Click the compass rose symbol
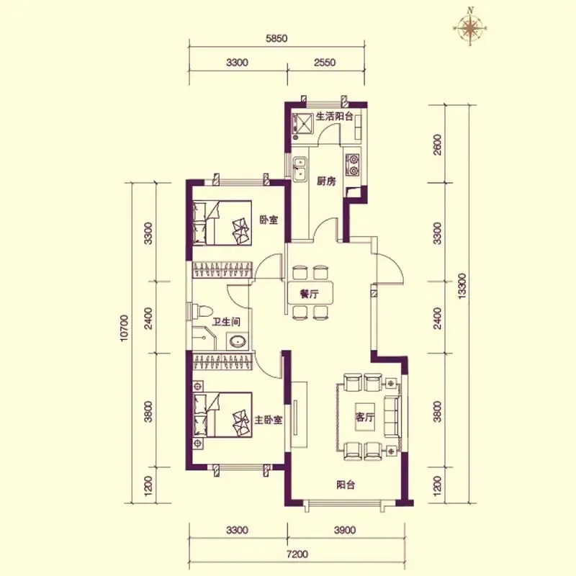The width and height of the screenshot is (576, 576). click(470, 27)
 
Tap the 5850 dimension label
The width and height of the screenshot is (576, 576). click(276, 39)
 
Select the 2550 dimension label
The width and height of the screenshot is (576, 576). click(325, 63)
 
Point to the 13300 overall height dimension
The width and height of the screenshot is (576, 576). click(462, 286)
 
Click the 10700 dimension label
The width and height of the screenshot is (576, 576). click(124, 328)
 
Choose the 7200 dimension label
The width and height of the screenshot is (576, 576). click(297, 554)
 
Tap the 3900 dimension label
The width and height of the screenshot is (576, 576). click(345, 530)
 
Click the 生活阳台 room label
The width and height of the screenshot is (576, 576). click(334, 117)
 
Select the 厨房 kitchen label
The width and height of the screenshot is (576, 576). click(326, 181)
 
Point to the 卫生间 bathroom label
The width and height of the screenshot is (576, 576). click(226, 322)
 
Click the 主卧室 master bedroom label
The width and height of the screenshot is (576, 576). click(269, 420)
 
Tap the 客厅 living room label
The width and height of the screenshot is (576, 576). click(365, 417)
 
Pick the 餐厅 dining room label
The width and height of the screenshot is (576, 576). click(310, 294)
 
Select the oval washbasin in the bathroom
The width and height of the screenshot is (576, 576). click(238, 341)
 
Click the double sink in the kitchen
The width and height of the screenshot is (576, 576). click(300, 168)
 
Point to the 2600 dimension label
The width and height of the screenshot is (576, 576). click(437, 145)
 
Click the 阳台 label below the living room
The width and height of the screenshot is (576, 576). click(346, 485)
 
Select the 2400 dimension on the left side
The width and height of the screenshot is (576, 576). click(148, 318)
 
